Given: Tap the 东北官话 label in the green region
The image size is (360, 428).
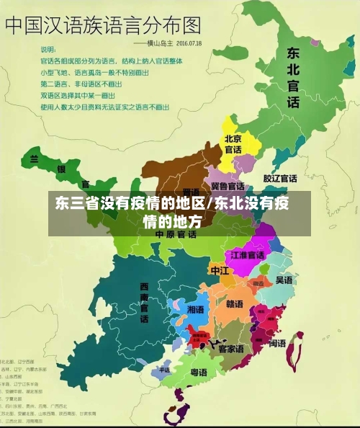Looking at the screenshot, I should [x=293, y=78].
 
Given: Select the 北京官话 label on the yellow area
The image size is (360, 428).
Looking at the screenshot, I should [x=233, y=144].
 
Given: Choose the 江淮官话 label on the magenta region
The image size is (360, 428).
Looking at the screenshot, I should [x=247, y=255].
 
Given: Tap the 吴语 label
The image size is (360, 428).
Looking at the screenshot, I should [x=284, y=280].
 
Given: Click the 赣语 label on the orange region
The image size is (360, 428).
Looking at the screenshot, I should [x=235, y=303].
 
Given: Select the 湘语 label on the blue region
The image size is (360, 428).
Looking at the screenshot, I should [x=195, y=308].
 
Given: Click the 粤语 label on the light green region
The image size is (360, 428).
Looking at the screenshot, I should [x=199, y=373].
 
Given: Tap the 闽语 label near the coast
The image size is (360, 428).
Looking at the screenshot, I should [x=277, y=344].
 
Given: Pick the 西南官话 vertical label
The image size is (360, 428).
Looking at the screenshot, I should [x=144, y=303].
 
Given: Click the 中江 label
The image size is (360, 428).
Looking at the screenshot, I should [x=219, y=270].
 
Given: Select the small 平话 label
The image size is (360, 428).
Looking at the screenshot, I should [x=164, y=370].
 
